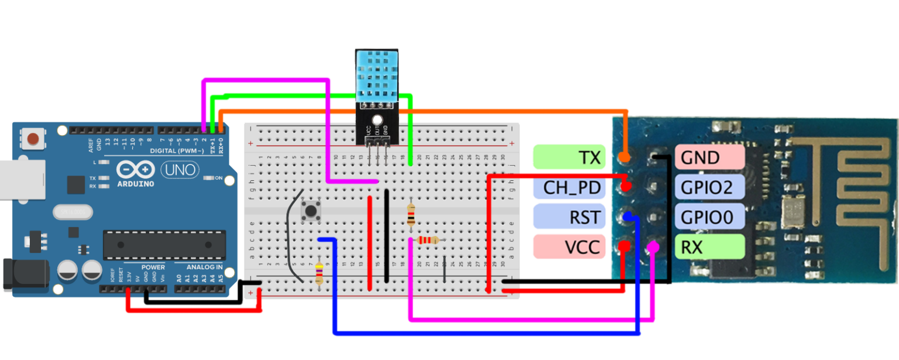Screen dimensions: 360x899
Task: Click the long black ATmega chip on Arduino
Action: click(164, 245)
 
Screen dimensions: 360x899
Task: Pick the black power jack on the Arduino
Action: click(20, 275)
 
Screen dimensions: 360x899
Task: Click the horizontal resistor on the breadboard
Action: click(428, 240)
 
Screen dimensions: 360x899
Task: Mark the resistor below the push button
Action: click(319, 273)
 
